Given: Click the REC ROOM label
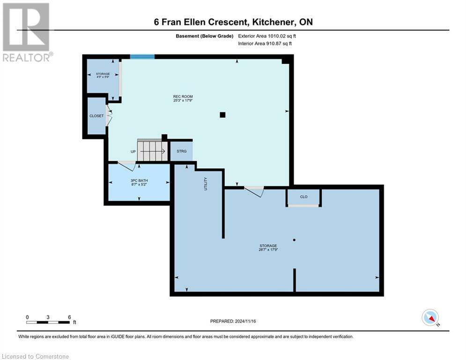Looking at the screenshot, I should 183,97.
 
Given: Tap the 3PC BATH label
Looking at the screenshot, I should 139,180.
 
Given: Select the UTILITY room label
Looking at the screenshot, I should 205,183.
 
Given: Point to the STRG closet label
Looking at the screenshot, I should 181,151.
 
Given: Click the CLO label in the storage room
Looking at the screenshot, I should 303,197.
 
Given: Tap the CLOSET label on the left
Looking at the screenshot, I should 96,116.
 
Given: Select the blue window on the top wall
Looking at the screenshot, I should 142,57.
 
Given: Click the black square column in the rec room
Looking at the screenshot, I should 222,115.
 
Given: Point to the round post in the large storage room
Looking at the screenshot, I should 294,240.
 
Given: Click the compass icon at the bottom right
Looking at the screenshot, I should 429,317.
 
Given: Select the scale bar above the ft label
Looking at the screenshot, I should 48,322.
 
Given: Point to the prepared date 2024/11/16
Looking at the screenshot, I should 233,321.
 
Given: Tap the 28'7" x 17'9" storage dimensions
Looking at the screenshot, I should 268,250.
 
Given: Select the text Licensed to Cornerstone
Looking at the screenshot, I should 35,357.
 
